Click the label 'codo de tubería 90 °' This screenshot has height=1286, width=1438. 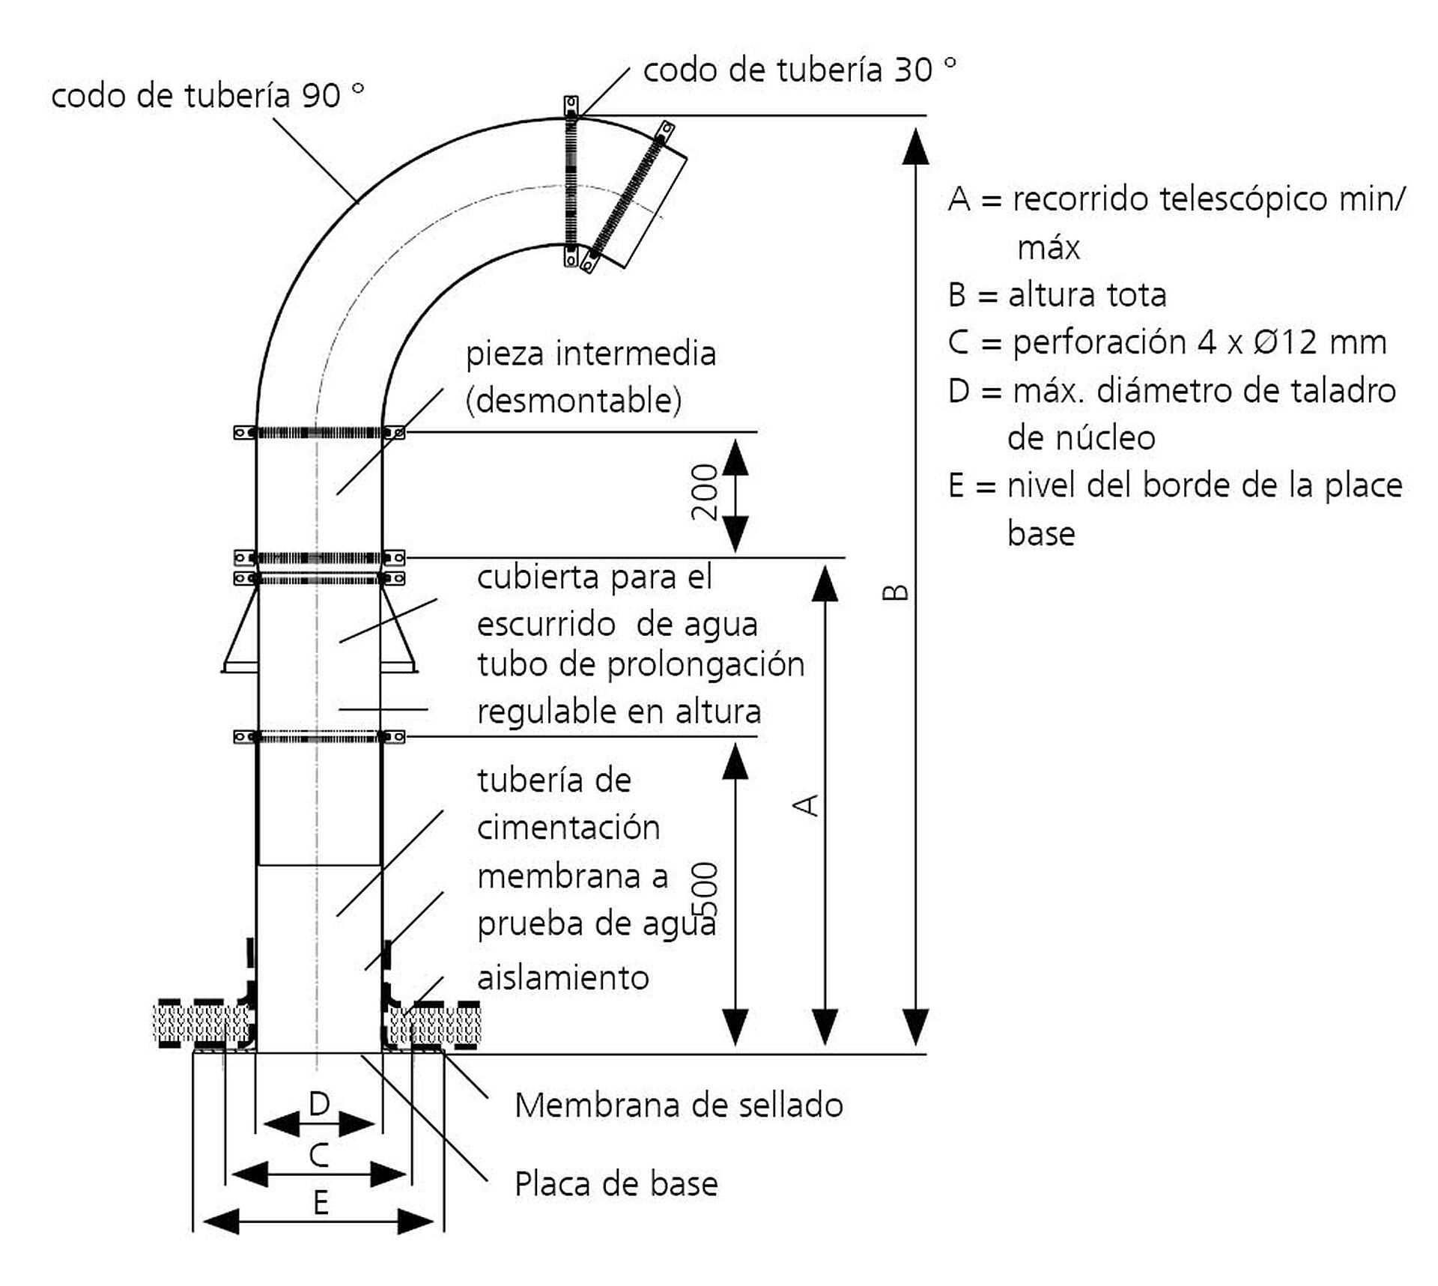207,96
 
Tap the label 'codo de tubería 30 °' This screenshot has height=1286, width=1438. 799,70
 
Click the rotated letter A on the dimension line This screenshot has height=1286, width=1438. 807,805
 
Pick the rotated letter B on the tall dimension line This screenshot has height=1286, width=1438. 896,592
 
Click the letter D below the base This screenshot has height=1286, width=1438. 319,1103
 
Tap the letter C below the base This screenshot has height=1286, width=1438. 319,1156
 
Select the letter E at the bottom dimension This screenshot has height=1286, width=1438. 321,1203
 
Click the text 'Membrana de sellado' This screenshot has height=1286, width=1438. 679,1105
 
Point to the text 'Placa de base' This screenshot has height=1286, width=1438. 616,1184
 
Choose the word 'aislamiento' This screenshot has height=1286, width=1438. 563,978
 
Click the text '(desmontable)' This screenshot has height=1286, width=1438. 574,401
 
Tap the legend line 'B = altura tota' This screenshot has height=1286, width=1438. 1057,295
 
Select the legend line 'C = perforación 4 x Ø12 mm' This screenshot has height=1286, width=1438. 1167,342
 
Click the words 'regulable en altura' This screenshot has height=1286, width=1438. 619,712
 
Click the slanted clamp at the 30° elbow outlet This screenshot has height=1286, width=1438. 628,196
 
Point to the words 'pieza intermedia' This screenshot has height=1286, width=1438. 591,354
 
